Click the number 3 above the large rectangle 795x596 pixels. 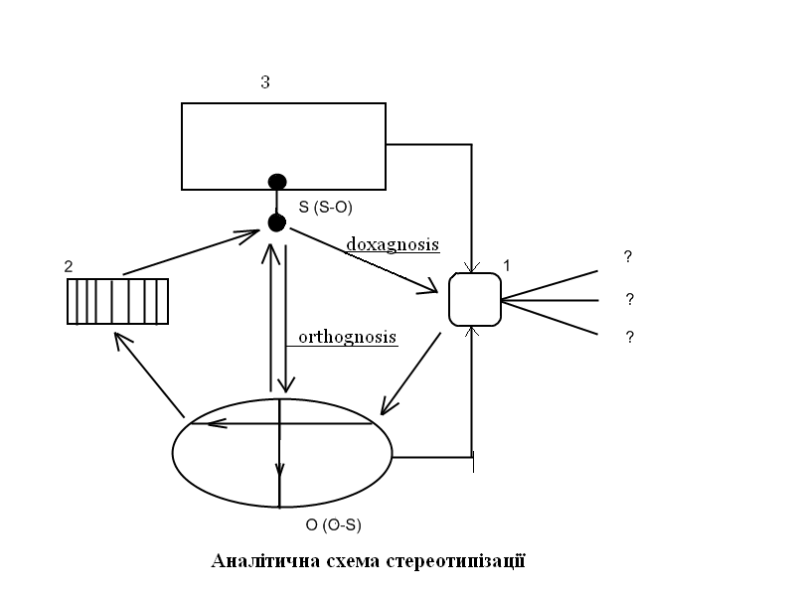265,82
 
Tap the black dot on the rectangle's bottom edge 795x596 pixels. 277,182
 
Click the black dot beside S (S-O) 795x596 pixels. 277,222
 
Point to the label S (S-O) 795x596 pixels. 325,207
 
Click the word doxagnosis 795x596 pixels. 393,243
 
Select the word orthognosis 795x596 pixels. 348,337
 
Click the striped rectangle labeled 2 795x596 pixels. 117,301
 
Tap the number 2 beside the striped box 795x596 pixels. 68,266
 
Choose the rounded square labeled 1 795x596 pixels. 474,299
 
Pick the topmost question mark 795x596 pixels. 628,257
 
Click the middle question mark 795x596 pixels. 630,298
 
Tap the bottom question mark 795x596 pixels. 629,338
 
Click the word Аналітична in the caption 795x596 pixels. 265,561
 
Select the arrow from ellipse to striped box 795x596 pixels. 149,375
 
